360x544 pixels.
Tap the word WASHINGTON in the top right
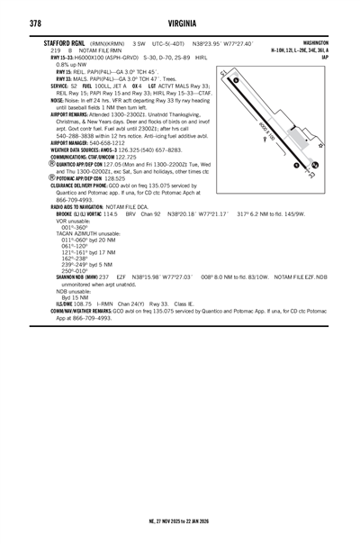coord(315,42)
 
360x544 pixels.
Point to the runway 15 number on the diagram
coord(236,81)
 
